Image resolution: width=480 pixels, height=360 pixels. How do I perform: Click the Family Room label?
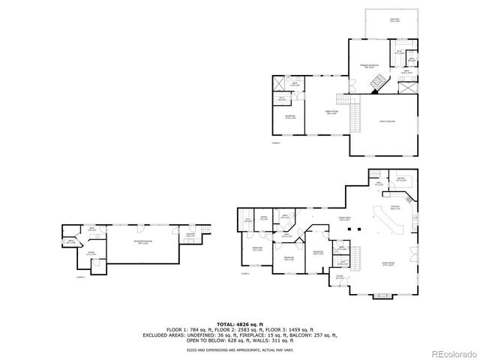[330, 112]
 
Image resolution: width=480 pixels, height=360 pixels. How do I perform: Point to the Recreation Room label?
[145, 241]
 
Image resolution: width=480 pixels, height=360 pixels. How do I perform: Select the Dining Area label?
[346, 219]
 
